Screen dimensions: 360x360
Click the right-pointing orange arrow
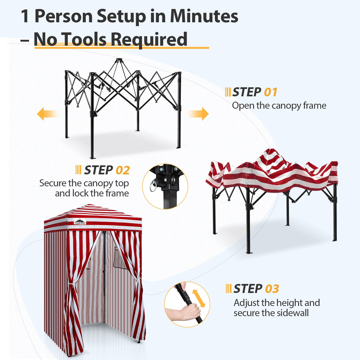199,114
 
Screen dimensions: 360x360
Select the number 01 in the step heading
270,92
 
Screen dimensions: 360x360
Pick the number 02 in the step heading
122,171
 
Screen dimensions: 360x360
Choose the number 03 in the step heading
272,289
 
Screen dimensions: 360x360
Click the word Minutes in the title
204,16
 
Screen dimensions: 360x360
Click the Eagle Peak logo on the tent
80,221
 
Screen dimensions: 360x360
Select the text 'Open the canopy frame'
279,106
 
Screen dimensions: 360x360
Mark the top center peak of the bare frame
119,60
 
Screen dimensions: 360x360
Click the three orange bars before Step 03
228,289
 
